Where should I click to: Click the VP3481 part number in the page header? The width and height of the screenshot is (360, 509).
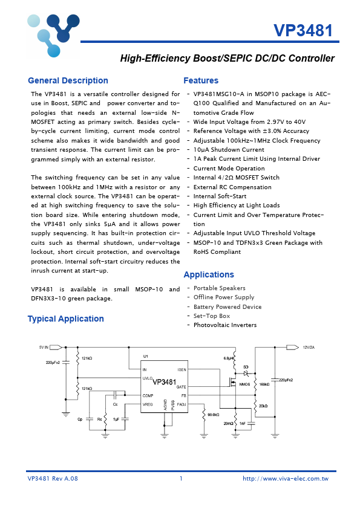303,30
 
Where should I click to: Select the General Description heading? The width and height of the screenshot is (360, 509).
68,81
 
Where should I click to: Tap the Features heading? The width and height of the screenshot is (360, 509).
201,81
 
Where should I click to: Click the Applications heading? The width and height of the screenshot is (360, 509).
208,274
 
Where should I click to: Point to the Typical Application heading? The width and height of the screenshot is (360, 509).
65,319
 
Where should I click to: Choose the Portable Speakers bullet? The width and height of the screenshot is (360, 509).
219,288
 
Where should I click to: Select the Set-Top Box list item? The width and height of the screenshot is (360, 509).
211,316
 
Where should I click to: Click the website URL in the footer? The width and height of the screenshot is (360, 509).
285,478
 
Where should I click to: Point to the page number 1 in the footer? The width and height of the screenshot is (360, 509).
180,478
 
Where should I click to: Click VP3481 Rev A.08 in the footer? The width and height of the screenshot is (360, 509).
53,478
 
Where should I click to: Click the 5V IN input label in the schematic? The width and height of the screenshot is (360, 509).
43,348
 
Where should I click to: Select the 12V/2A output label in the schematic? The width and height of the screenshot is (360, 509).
309,348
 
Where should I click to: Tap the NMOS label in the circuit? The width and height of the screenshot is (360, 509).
244,384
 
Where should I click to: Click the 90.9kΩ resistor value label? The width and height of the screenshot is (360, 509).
213,415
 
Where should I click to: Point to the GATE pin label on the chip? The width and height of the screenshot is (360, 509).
181,386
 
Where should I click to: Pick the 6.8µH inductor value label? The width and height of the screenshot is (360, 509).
228,358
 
